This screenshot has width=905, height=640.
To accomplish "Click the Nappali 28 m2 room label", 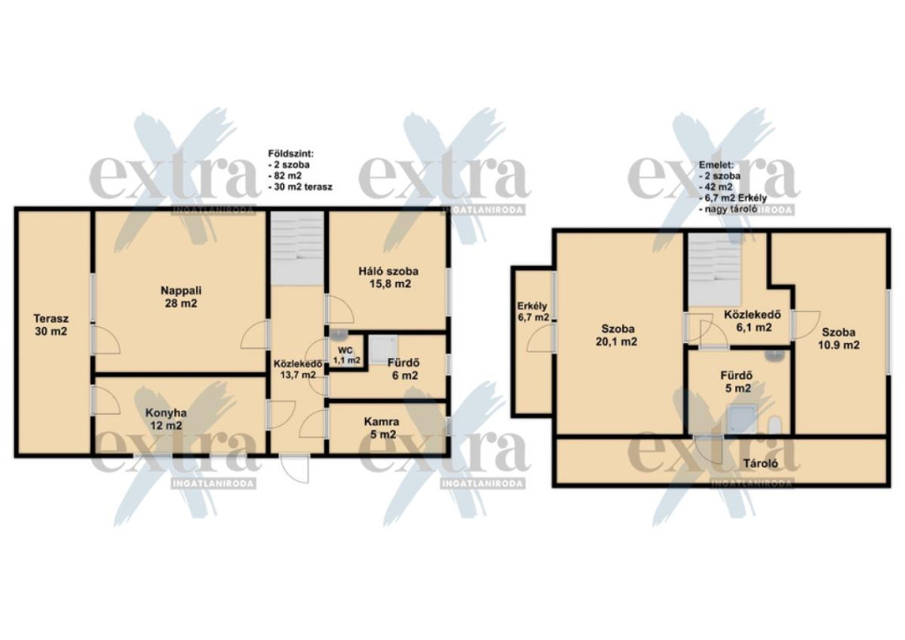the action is tap(180, 297).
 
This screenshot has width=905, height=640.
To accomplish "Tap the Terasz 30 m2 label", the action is tap(50, 325).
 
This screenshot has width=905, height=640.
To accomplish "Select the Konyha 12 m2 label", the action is tap(165, 420).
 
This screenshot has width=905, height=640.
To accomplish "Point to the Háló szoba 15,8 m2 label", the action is tap(389, 277).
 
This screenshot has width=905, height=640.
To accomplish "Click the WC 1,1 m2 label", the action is tap(346, 354).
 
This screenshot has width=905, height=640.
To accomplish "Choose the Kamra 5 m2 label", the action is tap(381, 428).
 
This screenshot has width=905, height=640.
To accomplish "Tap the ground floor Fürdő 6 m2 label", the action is tap(403, 370).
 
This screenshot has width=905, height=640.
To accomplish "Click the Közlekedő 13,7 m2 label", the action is tap(298, 369).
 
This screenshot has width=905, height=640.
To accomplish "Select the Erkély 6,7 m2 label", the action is tap(533, 312).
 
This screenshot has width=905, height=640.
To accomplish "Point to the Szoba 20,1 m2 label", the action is tap(617, 335).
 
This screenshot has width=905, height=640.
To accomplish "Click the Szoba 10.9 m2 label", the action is tap(839, 339).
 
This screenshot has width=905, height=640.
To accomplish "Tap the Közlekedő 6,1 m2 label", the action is tap(752, 321).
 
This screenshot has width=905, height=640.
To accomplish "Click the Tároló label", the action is tap(760, 463).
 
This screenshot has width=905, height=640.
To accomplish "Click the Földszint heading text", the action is tap(291, 154).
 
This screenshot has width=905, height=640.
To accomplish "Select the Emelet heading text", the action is tap(716, 164).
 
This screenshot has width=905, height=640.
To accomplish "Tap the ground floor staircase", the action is tap(297, 248).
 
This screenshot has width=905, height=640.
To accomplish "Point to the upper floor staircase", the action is tap(714, 270).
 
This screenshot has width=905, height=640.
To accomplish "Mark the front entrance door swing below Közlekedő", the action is tap(294, 469).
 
